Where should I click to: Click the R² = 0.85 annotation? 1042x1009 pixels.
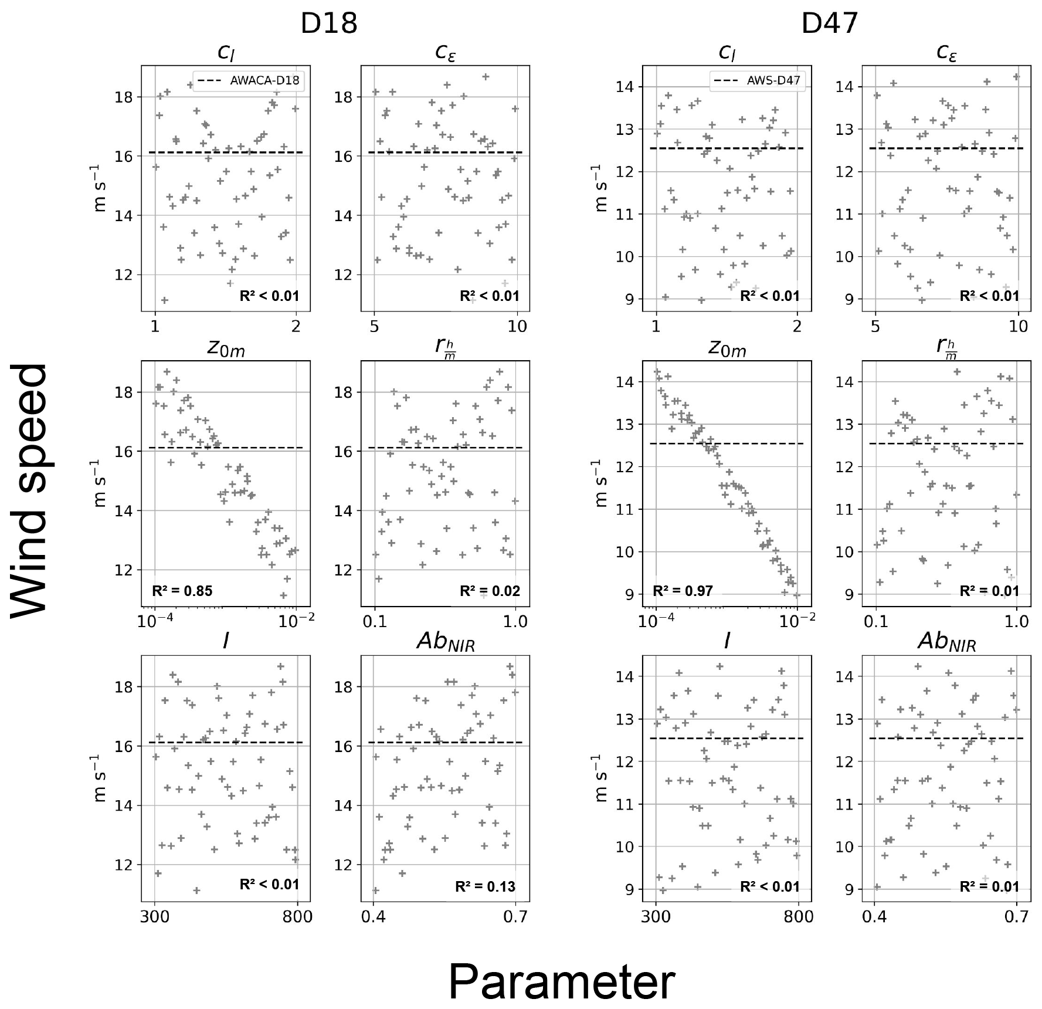[182, 591]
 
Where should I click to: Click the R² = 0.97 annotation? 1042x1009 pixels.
[683, 591]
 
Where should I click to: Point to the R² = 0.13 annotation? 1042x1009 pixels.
[485, 886]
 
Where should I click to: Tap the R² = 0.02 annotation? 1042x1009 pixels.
[490, 591]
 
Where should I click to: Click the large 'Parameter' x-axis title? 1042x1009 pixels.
[562, 983]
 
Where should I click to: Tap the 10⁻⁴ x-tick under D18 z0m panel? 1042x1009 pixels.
[154, 621]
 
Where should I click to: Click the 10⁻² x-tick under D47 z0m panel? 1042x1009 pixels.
[797, 621]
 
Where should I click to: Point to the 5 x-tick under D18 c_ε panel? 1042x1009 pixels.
[375, 326]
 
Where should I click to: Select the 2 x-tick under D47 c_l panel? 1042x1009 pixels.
[797, 326]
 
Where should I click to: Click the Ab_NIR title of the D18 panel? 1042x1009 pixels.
[445, 643]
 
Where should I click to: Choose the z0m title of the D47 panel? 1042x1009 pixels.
[727, 349]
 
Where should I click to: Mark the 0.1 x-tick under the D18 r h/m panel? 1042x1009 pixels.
[375, 621]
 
